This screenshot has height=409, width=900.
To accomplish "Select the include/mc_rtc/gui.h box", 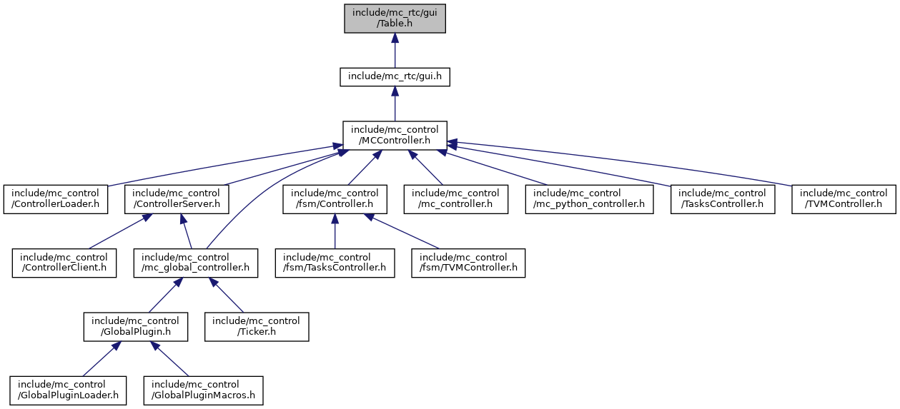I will coord(395,76).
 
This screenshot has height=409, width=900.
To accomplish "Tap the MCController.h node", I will coord(395,135).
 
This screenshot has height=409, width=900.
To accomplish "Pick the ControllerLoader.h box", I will coord(56,199).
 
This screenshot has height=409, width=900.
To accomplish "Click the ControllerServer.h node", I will coord(177,199).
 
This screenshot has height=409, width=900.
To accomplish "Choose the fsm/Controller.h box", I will coord(335,199).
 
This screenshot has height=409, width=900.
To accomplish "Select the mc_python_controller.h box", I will coord(588,199).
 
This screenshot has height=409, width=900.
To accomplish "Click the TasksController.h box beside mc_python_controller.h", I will coord(723,199).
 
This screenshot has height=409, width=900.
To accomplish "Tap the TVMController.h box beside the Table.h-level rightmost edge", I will coord(844,199).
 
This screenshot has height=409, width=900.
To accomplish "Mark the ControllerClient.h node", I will coord(64,263).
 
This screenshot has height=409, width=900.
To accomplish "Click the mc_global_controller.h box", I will coord(195,263).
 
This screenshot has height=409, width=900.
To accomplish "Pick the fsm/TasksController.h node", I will coord(335,263).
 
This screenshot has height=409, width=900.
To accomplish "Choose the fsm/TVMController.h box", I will coord(468,263).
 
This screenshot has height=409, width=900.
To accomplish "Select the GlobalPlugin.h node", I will coord(135,326).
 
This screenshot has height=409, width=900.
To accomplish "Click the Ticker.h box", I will coord(257,326).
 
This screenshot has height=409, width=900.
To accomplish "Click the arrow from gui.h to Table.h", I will coord(395,50).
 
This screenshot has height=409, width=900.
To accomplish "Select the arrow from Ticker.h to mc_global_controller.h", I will coord(227,296).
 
